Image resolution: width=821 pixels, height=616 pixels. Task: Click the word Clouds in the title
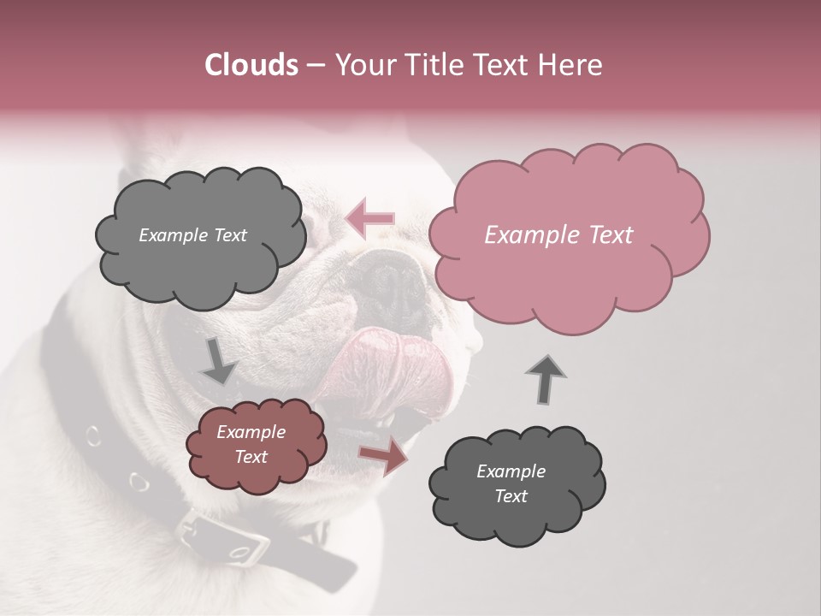(x=251, y=65)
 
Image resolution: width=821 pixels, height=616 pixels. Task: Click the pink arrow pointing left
(x=369, y=218)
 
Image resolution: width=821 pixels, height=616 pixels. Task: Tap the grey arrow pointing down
(x=219, y=360)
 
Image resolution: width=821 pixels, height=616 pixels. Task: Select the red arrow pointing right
(x=383, y=456)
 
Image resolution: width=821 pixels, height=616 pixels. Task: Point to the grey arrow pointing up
(x=546, y=378)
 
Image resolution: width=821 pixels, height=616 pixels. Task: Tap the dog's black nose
(x=389, y=282)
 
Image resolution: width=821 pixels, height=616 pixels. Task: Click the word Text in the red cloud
(x=251, y=457)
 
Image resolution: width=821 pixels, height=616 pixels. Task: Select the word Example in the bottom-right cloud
(x=511, y=471)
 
